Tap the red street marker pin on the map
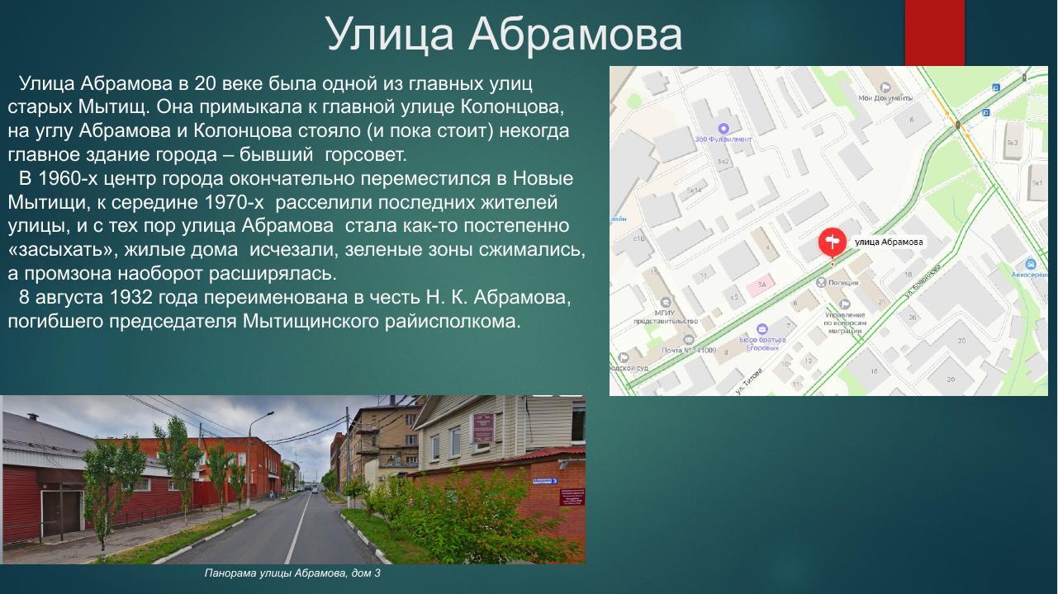tap(832, 242)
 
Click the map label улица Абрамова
tap(889, 242)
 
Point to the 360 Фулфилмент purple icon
tap(724, 128)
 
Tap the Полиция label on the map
tap(843, 283)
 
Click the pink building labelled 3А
tap(761, 285)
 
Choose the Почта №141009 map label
tap(688, 350)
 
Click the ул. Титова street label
tap(749, 380)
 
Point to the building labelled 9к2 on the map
tap(1012, 142)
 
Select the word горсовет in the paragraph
tap(366, 154)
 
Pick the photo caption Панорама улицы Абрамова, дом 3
tap(292, 573)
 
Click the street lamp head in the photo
tap(270, 412)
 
